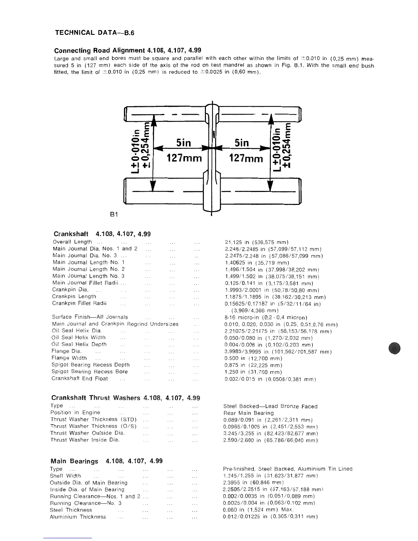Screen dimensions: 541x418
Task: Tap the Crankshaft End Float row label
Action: tap(80, 378)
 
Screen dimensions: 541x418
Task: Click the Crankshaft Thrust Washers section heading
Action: tap(125, 398)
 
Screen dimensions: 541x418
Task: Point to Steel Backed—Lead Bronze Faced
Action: tap(270, 406)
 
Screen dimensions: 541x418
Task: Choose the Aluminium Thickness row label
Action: tap(78, 517)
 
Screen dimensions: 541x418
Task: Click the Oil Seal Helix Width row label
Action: tap(79, 337)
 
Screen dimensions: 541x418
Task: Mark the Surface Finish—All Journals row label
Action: tap(90, 317)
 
